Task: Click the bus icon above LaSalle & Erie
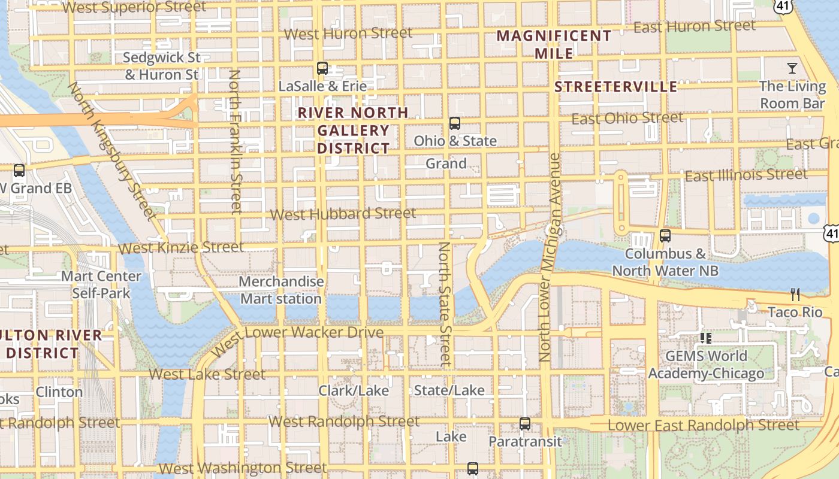pyautogui.click(x=322, y=68)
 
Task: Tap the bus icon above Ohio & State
pyautogui.click(x=455, y=123)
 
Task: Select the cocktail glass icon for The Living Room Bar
pyautogui.click(x=792, y=68)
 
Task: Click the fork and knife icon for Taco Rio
pyautogui.click(x=795, y=295)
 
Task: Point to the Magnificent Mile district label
pyautogui.click(x=554, y=44)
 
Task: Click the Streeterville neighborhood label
pyautogui.click(x=615, y=87)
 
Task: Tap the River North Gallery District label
pyautogui.click(x=354, y=130)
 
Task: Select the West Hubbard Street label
pyautogui.click(x=343, y=214)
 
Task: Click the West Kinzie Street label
pyautogui.click(x=181, y=247)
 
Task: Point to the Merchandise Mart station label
pyautogui.click(x=281, y=290)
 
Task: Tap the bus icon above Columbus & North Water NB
pyautogui.click(x=665, y=236)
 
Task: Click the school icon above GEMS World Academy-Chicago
pyautogui.click(x=706, y=338)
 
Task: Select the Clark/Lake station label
pyautogui.click(x=354, y=391)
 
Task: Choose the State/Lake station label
pyautogui.click(x=449, y=391)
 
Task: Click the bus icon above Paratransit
pyautogui.click(x=525, y=424)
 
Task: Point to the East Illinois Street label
pyautogui.click(x=746, y=175)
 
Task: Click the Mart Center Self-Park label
pyautogui.click(x=101, y=285)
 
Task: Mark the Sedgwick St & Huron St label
pyautogui.click(x=162, y=66)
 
